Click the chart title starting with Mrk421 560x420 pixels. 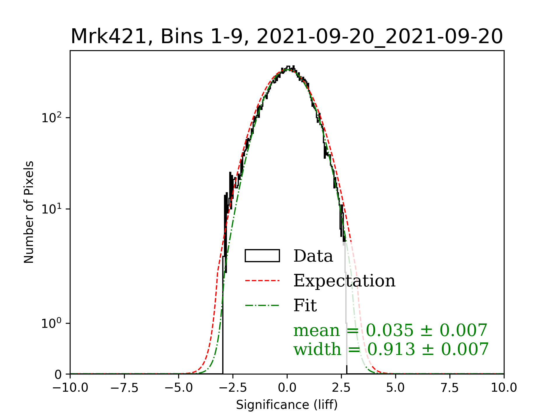click(x=287, y=37)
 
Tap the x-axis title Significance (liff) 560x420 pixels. click(x=287, y=405)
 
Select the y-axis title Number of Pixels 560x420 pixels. click(x=29, y=212)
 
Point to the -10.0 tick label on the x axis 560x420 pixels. click(x=70, y=388)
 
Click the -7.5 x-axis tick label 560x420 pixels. click(x=125, y=388)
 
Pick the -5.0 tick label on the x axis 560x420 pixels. click(x=179, y=388)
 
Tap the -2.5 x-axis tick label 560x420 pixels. click(x=233, y=388)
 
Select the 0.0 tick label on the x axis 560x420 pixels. click(x=287, y=388)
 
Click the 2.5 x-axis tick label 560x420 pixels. click(x=342, y=388)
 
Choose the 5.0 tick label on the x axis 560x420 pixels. click(x=396, y=388)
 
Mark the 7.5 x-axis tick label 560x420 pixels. click(x=450, y=388)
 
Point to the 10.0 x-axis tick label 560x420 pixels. click(x=504, y=388)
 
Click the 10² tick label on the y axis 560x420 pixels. click(x=52, y=118)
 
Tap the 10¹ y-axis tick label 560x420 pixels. click(x=52, y=209)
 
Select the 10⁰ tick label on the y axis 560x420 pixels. click(x=52, y=323)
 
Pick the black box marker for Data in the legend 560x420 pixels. click(x=262, y=256)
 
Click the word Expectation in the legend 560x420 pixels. click(x=344, y=281)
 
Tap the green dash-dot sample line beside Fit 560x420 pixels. click(x=262, y=305)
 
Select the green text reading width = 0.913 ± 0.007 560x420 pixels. click(x=391, y=349)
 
